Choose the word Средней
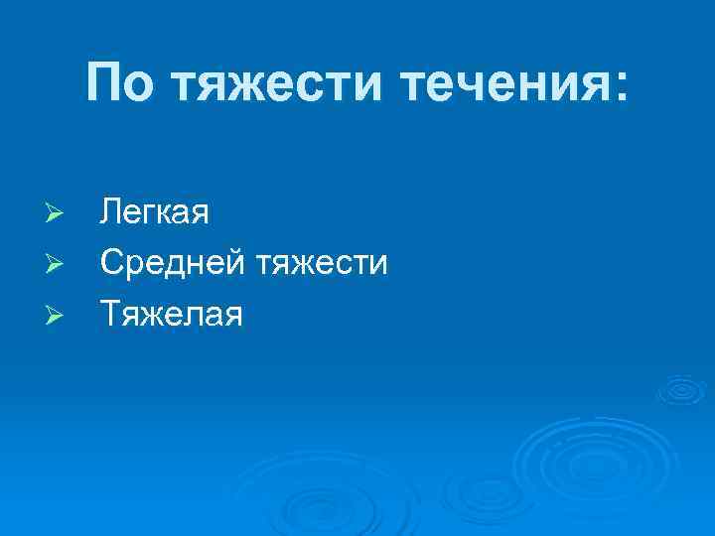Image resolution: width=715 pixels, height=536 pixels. point(174,264)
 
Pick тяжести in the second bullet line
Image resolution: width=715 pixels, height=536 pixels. point(323,264)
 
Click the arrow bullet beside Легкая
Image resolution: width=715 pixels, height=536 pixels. point(57,214)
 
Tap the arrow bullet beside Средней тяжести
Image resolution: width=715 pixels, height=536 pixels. point(57,265)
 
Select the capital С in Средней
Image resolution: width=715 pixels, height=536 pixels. point(111,264)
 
